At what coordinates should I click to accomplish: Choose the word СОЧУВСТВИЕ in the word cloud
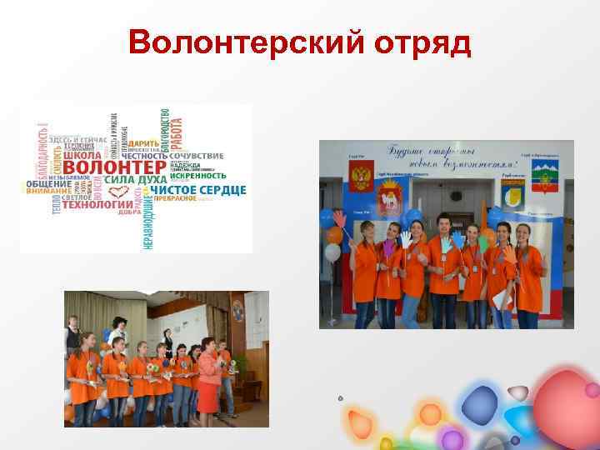(x=197, y=155)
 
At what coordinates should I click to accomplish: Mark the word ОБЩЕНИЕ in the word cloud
(x=48, y=183)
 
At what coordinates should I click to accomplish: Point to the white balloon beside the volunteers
(x=332, y=233)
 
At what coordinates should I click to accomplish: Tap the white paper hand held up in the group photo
(x=405, y=238)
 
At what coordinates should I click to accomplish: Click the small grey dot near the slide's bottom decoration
(x=341, y=397)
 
